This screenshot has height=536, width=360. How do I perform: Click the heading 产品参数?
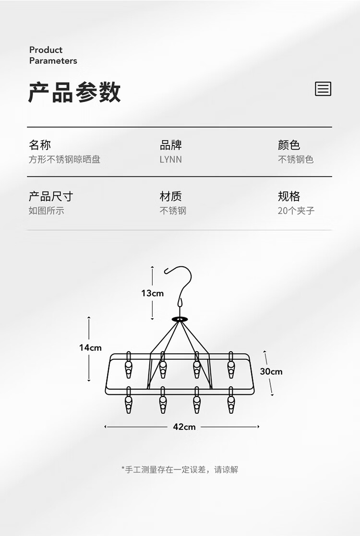(x=74, y=92)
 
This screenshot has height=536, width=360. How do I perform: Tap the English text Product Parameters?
(x=53, y=55)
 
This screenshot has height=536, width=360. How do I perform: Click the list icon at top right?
(x=323, y=89)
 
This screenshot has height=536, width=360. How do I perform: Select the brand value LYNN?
(x=170, y=160)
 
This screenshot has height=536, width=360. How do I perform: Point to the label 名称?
(x=39, y=145)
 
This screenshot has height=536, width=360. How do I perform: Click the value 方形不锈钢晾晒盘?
(x=64, y=160)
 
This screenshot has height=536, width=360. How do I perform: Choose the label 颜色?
(x=288, y=145)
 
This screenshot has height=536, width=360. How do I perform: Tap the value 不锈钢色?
(x=295, y=160)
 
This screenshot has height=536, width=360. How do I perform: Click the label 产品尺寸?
(x=51, y=196)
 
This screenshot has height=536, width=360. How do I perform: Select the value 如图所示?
(x=46, y=211)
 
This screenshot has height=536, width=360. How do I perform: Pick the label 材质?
(x=170, y=196)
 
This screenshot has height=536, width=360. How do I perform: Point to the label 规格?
(x=288, y=196)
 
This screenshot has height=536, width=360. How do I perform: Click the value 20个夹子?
(x=296, y=211)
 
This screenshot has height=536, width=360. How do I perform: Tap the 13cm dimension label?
(x=152, y=293)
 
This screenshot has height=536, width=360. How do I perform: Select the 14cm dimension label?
(x=90, y=348)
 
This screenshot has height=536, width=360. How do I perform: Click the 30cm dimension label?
(x=271, y=371)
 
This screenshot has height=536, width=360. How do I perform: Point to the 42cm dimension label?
(x=184, y=427)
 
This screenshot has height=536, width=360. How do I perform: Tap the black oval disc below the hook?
(x=180, y=319)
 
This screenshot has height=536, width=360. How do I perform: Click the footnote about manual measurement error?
(x=180, y=470)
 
